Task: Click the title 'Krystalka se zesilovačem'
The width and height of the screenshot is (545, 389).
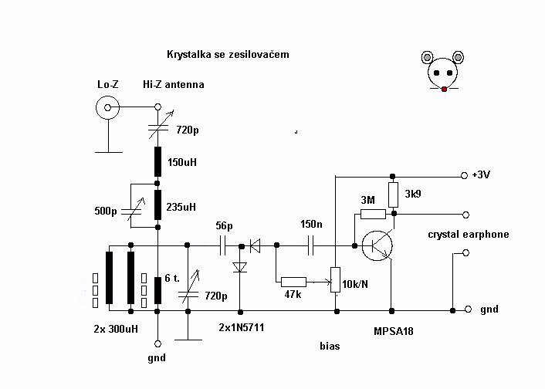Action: click(x=228, y=55)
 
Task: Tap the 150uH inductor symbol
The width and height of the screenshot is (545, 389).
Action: click(x=157, y=161)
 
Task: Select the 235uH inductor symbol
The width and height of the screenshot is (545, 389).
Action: click(x=157, y=205)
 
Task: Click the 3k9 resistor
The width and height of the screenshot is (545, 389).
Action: click(x=393, y=195)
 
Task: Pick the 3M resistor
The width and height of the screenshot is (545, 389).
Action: click(x=373, y=214)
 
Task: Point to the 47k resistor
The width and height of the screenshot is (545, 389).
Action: click(x=293, y=282)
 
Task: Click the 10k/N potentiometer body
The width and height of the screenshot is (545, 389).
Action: click(x=335, y=279)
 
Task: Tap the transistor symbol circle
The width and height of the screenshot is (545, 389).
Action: click(x=377, y=245)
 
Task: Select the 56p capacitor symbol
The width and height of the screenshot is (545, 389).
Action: click(x=223, y=245)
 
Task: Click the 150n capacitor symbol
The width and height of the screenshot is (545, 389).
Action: click(x=311, y=245)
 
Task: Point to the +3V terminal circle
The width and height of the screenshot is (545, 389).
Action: click(x=464, y=176)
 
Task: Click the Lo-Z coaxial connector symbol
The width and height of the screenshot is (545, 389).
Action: click(x=108, y=108)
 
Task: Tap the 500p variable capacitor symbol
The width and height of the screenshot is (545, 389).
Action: click(x=131, y=211)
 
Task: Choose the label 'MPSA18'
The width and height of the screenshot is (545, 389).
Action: click(x=394, y=331)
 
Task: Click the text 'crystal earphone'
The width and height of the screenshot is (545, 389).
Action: click(x=469, y=235)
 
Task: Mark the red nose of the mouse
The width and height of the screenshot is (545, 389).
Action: click(x=444, y=90)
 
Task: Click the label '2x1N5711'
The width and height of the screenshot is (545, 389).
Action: click(x=241, y=327)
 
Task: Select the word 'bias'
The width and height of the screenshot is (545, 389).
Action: click(x=330, y=347)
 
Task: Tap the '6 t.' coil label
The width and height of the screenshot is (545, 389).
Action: click(x=172, y=278)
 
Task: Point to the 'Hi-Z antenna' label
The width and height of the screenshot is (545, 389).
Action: click(x=174, y=84)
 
